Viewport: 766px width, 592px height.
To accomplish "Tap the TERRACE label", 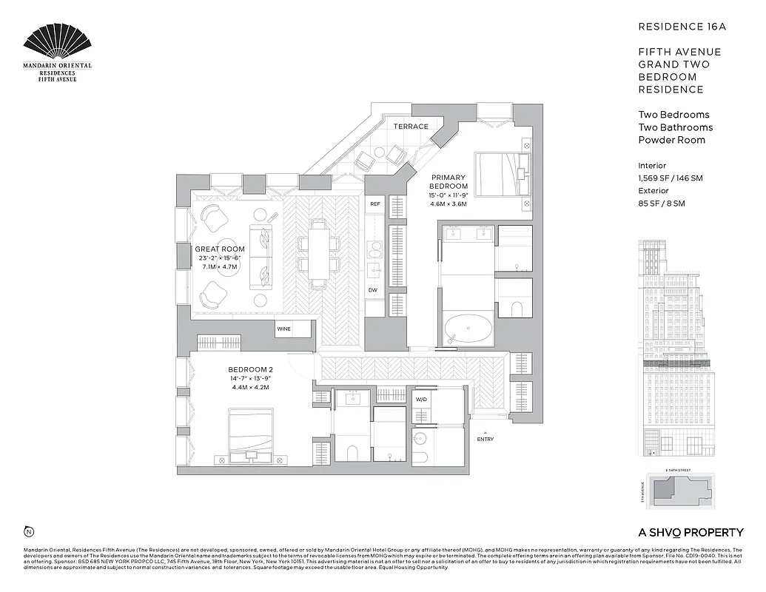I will tap(411, 127).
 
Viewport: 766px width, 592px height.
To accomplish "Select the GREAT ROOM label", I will tap(220, 249).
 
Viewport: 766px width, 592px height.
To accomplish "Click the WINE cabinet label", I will tap(283, 328).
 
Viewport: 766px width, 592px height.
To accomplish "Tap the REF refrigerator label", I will tap(375, 203).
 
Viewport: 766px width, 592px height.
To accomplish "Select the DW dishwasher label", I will tap(374, 290).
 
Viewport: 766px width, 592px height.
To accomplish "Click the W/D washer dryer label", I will tap(422, 399).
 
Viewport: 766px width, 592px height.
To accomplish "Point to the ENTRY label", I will tap(486, 439).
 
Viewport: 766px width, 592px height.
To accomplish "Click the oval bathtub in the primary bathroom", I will tap(468, 329).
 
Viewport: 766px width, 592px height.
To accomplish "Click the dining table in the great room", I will tap(318, 252).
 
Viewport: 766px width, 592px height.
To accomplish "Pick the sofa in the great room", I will tap(261, 252).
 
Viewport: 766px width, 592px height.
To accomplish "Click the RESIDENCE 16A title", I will tap(682, 27).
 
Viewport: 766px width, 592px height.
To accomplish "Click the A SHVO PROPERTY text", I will tap(691, 532).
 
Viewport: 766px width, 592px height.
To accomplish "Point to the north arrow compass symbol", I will tap(29, 531).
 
